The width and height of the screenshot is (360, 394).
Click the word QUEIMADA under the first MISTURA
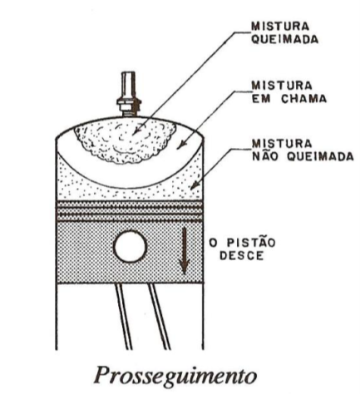284,40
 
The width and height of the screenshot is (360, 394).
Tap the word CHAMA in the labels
303,99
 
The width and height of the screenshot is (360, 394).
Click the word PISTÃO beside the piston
251,242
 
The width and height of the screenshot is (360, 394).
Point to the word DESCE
241,256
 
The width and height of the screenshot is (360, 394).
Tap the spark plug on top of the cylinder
129,94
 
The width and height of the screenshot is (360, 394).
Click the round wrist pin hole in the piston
131,247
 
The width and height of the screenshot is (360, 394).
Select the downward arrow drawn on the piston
184,251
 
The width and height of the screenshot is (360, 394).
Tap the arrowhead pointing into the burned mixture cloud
136,131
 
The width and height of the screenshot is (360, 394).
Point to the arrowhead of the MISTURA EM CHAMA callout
180,145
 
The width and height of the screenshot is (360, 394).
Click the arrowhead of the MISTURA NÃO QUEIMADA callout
195,185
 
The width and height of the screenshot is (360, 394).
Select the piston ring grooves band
130,211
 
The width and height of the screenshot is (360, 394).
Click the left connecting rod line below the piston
124,317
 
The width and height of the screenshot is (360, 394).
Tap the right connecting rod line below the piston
159,317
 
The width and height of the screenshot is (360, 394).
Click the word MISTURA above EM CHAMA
282,86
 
